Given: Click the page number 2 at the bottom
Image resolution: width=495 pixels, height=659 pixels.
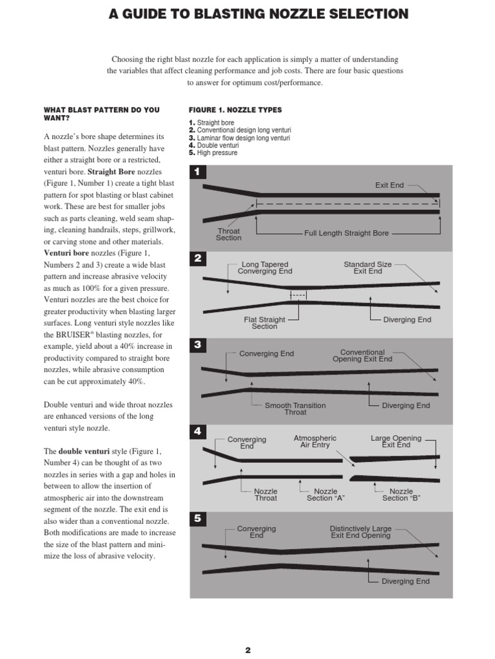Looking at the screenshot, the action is tap(248, 650).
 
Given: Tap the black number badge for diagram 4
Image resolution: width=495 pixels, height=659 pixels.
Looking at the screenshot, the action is tap(197, 431).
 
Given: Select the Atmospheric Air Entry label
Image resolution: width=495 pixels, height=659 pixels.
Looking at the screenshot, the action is tap(315, 441).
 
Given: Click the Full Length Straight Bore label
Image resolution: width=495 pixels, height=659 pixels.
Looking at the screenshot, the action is tap(346, 233).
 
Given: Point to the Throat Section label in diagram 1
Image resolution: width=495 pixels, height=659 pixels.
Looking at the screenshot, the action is tap(229, 234).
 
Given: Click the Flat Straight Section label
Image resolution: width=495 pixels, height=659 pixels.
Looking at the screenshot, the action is tap(264, 323).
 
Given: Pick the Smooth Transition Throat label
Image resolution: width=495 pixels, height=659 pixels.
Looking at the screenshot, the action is tap(295, 409).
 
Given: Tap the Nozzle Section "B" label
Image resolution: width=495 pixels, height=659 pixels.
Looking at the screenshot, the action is tap(401, 495).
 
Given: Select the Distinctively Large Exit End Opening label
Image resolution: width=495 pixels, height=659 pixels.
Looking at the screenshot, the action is tap(361, 532).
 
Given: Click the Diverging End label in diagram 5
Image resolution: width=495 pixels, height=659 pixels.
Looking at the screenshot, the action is tap(405, 581).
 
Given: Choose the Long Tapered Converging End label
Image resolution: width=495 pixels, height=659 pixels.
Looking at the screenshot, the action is tap(265, 268).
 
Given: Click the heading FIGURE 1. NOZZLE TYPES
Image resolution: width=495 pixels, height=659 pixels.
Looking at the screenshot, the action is tap(235, 110).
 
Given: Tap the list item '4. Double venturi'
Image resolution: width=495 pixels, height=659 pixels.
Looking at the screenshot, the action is tap(214, 145).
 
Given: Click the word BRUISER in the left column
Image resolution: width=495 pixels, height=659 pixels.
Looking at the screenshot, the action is tap(73, 335).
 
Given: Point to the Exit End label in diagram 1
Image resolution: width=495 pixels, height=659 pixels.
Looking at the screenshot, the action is tap(389, 185).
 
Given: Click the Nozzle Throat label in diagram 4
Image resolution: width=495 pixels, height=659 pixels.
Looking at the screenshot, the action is tap(266, 495).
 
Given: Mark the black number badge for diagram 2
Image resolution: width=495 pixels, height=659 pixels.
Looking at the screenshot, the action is tap(197, 258).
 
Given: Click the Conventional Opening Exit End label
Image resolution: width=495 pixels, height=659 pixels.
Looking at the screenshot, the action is tap(362, 355).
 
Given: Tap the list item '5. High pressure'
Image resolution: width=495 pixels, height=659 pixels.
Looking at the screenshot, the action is tap(213, 153).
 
